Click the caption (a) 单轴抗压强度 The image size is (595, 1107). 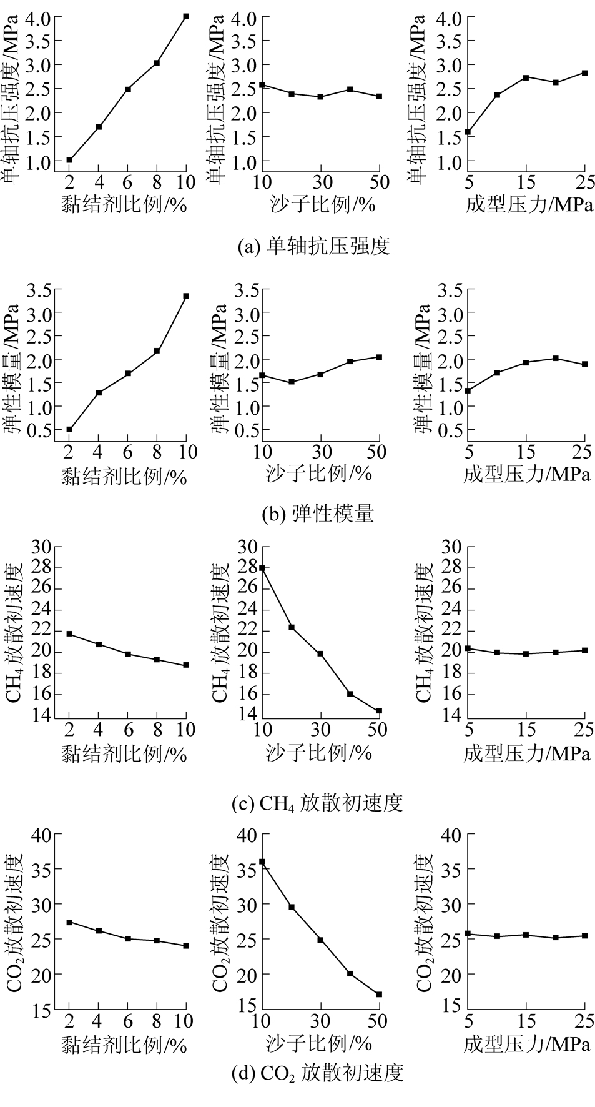[x=314, y=246]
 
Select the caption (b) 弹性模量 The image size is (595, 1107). [x=317, y=514]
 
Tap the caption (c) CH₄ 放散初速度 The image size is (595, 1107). [x=317, y=802]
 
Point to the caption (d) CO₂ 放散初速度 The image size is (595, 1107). [x=317, y=1073]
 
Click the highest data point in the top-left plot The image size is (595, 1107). [x=186, y=16]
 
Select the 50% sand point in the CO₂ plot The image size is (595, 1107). [x=379, y=995]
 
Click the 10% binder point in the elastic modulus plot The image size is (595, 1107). [x=186, y=296]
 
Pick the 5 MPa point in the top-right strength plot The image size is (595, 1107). [x=468, y=132]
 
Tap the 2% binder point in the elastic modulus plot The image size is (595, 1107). [x=69, y=430]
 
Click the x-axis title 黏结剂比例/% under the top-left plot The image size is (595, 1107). [x=124, y=204]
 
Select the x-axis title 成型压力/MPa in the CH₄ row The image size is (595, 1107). [x=527, y=754]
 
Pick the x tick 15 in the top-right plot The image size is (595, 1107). [x=526, y=182]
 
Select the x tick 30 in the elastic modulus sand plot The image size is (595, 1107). [x=320, y=452]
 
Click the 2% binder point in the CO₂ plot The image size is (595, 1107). [x=69, y=922]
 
